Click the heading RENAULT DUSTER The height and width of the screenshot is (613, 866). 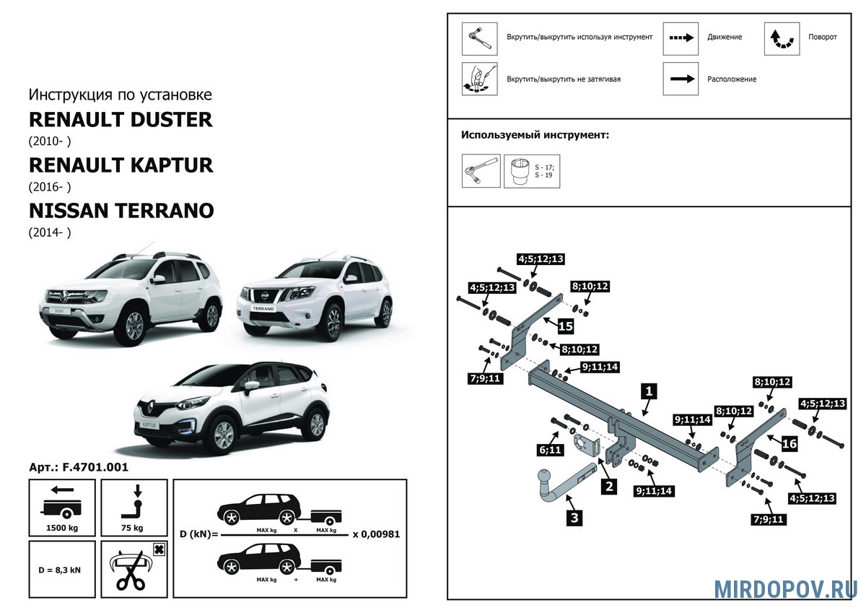(121, 120)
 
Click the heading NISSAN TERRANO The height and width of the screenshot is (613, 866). (121, 211)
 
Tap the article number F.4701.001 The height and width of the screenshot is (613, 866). (95, 467)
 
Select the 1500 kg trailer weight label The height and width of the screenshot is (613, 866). (62, 528)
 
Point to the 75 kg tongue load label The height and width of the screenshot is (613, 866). (132, 528)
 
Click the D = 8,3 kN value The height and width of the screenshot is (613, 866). (59, 570)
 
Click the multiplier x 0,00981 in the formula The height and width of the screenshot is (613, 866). (376, 534)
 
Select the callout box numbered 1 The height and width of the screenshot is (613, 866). (649, 391)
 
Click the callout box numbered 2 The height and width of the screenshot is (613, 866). (609, 486)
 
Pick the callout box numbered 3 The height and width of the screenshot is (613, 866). (574, 518)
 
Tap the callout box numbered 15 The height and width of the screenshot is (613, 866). (565, 326)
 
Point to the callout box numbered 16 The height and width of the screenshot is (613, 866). (789, 443)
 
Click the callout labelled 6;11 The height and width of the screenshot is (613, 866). (550, 450)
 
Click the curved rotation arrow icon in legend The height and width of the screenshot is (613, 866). (782, 40)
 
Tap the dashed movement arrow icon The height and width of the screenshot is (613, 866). (681, 38)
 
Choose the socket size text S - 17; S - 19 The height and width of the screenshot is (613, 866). (544, 171)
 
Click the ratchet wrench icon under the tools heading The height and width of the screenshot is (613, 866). (481, 171)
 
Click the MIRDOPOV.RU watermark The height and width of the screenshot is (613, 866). (786, 590)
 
